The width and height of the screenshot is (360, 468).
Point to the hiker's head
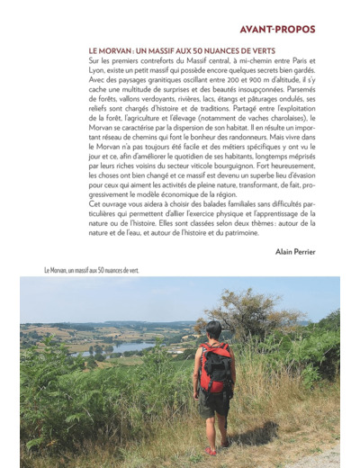[214, 330]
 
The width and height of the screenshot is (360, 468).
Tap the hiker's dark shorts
[215, 402]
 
